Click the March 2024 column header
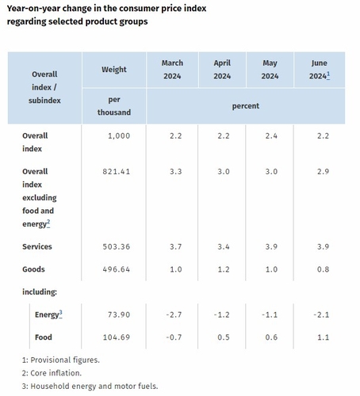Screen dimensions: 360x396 (172, 70)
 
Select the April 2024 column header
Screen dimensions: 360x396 (222, 70)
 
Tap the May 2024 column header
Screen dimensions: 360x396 (270, 70)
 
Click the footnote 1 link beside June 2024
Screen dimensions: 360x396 (328, 75)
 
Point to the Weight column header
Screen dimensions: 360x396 (114, 70)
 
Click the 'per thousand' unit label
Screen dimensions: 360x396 (114, 106)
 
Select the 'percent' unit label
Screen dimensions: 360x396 (246, 106)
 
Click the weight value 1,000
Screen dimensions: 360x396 (119, 136)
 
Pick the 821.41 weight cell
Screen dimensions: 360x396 (117, 172)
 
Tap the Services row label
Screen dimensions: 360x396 (37, 246)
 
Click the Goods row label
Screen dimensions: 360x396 (33, 269)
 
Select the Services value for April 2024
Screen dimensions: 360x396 (224, 246)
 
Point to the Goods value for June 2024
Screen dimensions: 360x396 (323, 269)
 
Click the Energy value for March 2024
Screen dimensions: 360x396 (174, 314)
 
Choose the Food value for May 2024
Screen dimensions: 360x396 (271, 337)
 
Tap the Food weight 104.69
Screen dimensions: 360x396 (117, 337)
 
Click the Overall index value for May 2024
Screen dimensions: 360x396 (271, 136)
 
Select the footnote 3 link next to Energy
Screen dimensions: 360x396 (60, 314)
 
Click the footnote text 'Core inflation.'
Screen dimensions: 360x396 (56, 373)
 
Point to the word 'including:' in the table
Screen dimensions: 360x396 (40, 292)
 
